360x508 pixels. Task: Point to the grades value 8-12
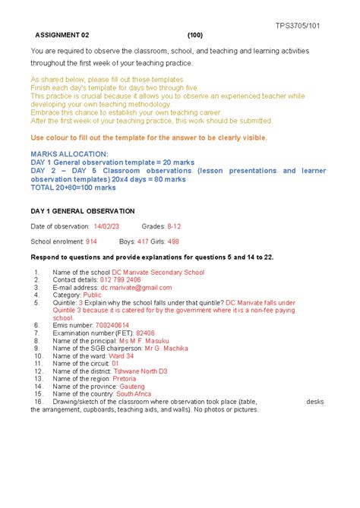pos(175,226)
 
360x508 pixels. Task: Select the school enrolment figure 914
pos(90,241)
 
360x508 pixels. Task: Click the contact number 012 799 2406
pos(115,279)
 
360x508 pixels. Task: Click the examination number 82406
pos(145,333)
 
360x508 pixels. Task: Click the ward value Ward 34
pos(122,356)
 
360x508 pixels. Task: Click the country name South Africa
pos(134,394)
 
